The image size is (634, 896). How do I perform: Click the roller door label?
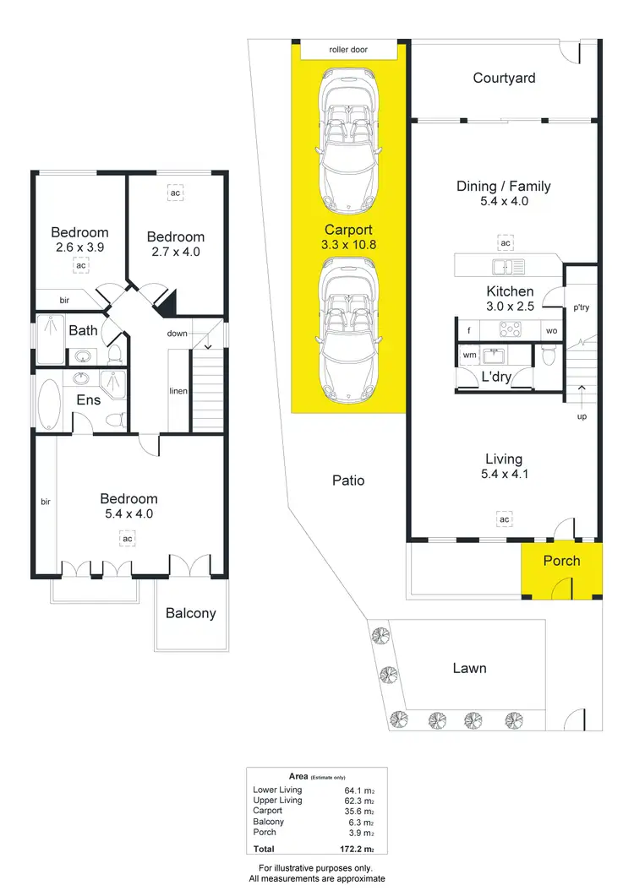pos(348,51)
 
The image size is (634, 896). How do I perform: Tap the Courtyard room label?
pos(504,78)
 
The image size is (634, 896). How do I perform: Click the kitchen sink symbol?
pos(509,267)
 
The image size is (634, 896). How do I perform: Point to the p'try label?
pos(582,307)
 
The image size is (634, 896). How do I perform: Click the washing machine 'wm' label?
pos(469,356)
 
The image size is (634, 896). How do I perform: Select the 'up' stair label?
pos(582,416)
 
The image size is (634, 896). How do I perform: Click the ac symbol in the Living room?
pos(504,518)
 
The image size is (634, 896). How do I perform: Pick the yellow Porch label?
pos(561,560)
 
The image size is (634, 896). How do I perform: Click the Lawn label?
pos(469,668)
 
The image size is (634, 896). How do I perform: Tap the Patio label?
pos(348,480)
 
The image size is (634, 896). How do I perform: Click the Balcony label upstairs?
pos(190,613)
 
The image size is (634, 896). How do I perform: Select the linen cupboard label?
pos(178,390)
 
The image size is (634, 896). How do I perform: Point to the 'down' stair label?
pos(178,334)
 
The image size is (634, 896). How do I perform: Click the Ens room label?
pos(89,400)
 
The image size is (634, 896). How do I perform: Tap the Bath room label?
pos(83,330)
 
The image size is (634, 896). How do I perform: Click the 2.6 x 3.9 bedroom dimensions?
pos(79,248)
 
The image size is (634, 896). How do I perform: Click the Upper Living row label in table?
pos(277,800)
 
